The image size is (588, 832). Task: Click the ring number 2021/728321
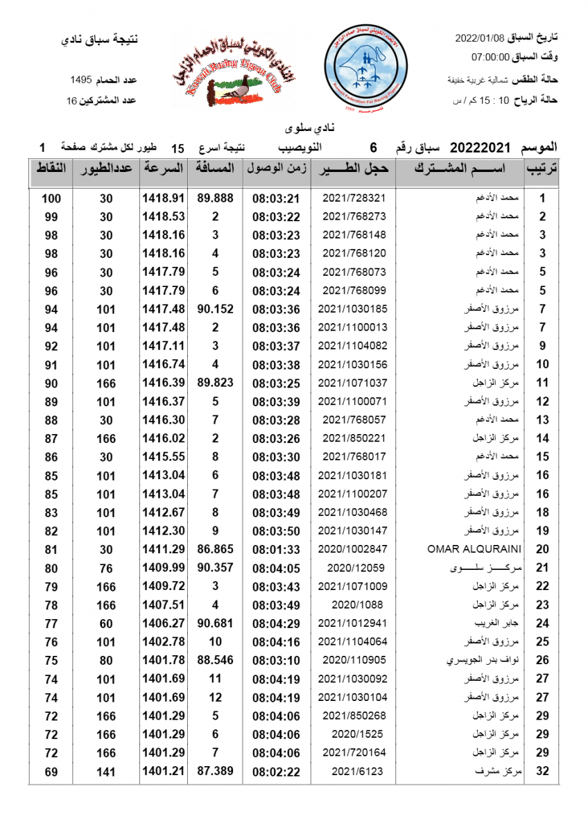(x=354, y=198)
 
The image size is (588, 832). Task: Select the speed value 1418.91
(x=163, y=198)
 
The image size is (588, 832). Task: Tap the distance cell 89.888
(x=215, y=198)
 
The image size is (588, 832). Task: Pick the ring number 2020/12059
(x=354, y=568)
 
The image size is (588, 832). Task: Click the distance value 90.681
(x=215, y=623)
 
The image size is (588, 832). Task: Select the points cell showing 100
(x=51, y=198)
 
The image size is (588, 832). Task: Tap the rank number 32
(x=543, y=772)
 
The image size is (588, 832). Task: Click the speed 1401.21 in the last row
(x=163, y=771)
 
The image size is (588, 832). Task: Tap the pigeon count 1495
(x=86, y=80)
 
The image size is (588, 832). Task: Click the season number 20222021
(x=481, y=148)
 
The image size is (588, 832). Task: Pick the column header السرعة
(x=163, y=168)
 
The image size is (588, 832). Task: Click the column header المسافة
(x=215, y=168)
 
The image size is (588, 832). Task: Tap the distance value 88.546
(x=215, y=660)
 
